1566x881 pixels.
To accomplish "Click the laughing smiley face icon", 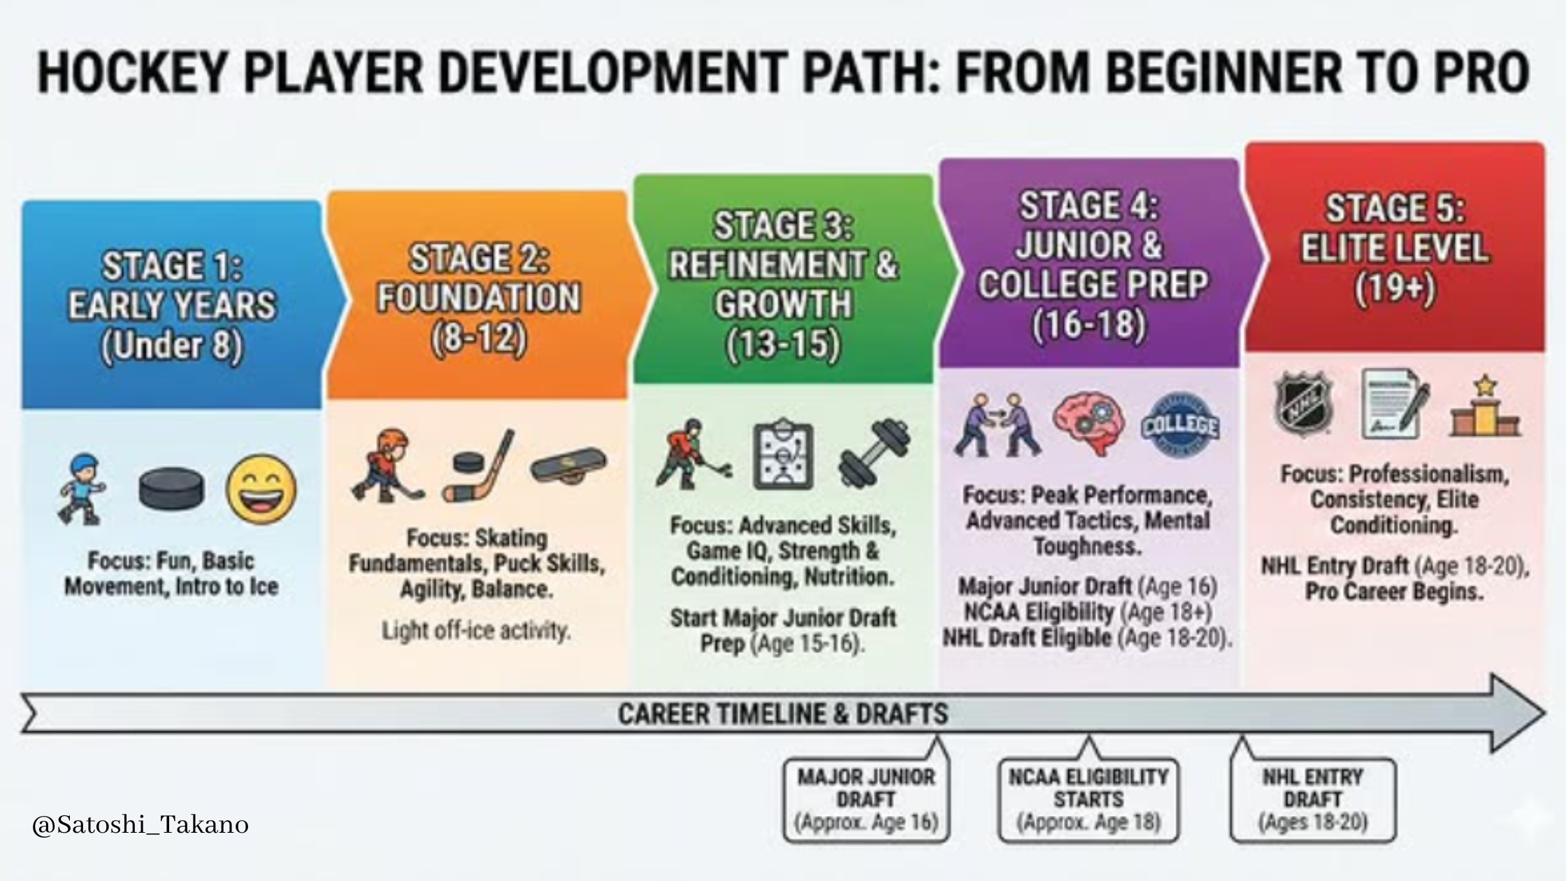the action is [x=261, y=489].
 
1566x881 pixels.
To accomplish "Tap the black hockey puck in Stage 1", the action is [x=172, y=489].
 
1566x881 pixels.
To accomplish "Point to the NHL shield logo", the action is [x=1303, y=404].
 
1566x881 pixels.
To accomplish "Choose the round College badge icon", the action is [x=1180, y=424].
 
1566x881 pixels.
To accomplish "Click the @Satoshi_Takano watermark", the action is [x=141, y=825].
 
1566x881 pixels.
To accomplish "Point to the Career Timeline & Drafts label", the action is [x=783, y=714].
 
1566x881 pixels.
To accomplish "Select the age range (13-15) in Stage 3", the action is [x=783, y=345].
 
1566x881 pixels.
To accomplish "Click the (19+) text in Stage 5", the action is [x=1395, y=288].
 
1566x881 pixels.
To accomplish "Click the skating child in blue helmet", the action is [x=80, y=489].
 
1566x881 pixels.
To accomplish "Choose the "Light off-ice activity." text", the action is [x=477, y=631].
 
